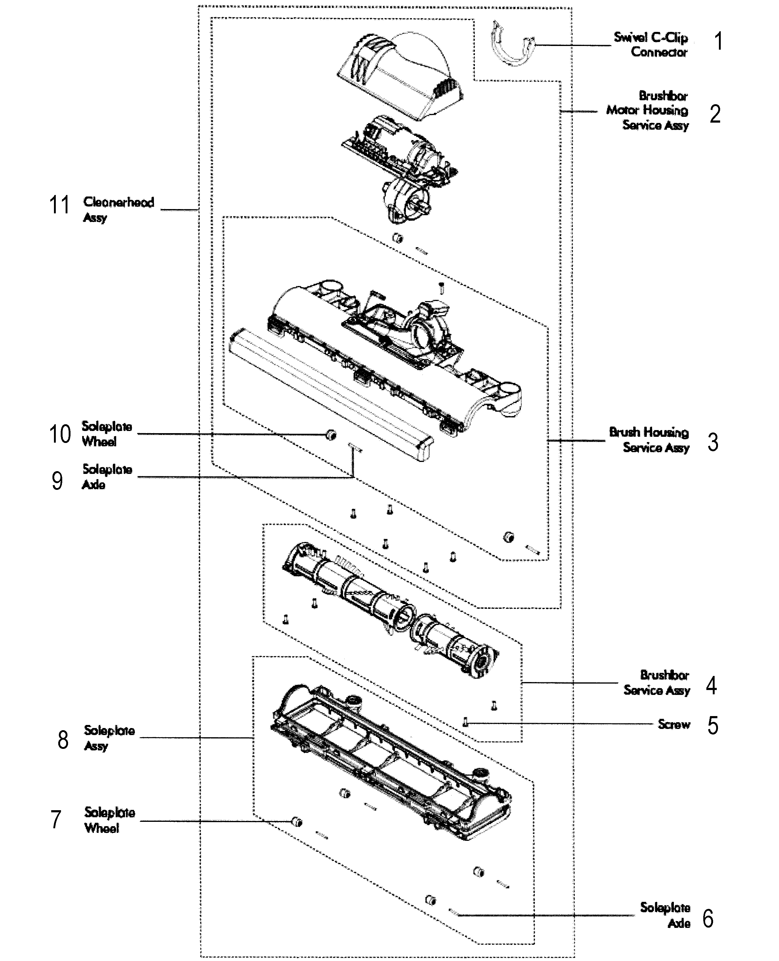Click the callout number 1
point(718,41)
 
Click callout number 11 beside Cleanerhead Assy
point(59,205)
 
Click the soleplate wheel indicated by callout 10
point(331,434)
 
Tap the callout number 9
point(57,481)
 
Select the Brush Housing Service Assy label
point(649,440)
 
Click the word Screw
point(674,724)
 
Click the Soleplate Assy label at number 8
point(109,738)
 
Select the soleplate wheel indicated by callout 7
point(297,822)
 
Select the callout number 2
point(715,114)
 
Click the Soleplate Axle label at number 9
point(107,476)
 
